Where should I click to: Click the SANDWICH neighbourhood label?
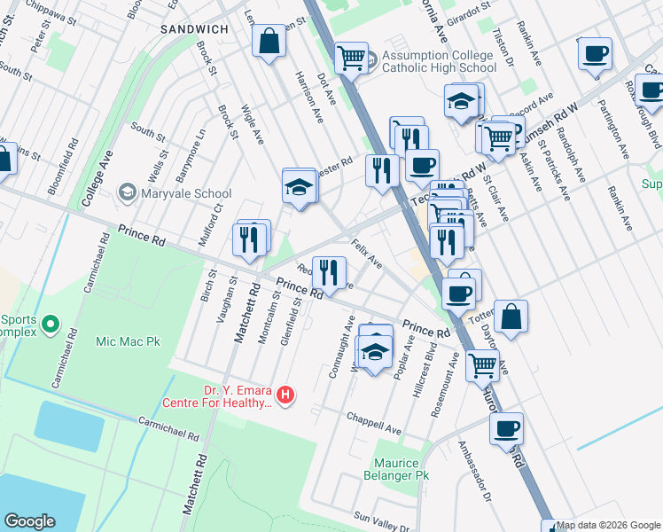(x=194, y=29)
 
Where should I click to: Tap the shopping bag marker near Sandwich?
(x=269, y=42)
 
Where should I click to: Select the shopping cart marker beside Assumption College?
(x=352, y=59)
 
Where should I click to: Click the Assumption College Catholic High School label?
(x=439, y=60)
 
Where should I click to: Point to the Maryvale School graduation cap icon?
(x=128, y=193)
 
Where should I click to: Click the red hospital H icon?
(x=285, y=395)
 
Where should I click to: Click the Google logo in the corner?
(x=30, y=520)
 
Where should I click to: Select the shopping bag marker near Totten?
(x=511, y=317)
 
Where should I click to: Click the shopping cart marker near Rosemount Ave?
(x=482, y=364)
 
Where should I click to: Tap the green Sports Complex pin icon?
(x=51, y=325)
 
